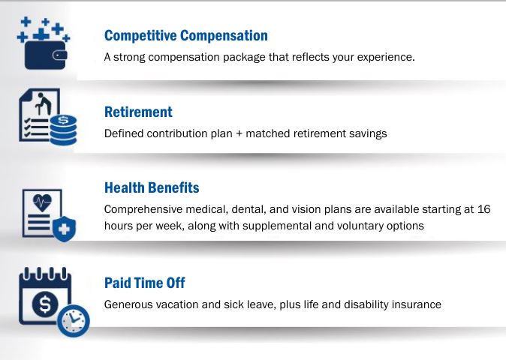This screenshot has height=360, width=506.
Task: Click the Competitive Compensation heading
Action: [x=185, y=35]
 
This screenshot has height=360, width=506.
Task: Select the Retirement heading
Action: [x=138, y=112]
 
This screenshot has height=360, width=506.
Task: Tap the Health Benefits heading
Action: [x=152, y=187]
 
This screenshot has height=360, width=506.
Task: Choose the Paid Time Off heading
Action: [x=145, y=283]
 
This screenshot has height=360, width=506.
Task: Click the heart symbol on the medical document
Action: [x=43, y=203]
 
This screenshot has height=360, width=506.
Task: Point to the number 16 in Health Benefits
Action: [x=483, y=209]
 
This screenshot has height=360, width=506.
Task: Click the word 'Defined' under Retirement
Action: [x=123, y=133]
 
